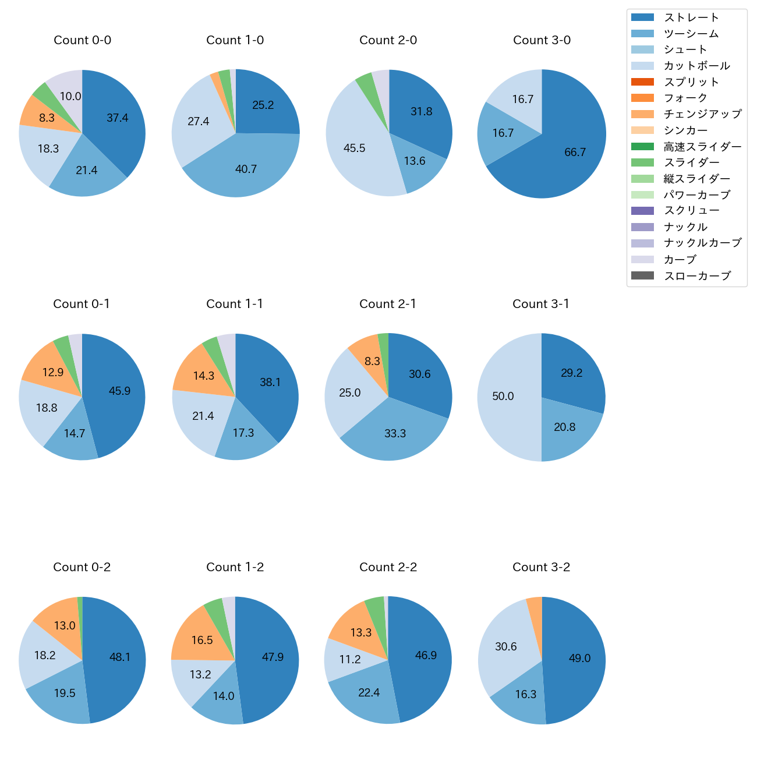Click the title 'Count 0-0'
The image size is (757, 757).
tap(82, 40)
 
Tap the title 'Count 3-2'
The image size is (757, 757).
tap(541, 567)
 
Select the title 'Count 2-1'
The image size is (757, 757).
tap(388, 304)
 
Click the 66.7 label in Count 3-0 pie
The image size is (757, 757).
tap(575, 153)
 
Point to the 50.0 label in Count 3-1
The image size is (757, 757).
tap(503, 397)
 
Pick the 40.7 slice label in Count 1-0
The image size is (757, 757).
tap(246, 169)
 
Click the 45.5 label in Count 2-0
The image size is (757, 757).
tap(354, 148)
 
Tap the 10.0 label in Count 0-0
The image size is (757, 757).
tap(70, 97)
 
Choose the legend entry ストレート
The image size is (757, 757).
tap(691, 17)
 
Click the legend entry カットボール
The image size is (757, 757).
tap(696, 66)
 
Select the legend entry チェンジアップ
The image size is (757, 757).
tap(702, 114)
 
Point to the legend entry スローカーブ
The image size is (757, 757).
tap(697, 276)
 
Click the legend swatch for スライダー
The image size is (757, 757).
tap(642, 162)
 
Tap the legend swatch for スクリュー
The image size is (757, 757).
tap(642, 211)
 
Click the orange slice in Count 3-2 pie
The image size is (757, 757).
tap(535, 607)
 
